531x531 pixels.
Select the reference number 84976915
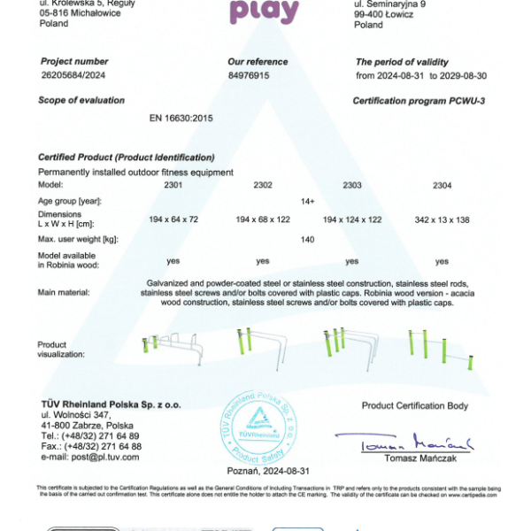click(x=248, y=76)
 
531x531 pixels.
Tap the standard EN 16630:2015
click(x=182, y=118)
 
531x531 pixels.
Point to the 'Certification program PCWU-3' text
click(x=419, y=101)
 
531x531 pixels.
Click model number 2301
click(x=173, y=185)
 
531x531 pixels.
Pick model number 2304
click(x=442, y=185)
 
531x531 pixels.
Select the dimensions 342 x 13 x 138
click(x=442, y=218)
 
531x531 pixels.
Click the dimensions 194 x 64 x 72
click(x=173, y=218)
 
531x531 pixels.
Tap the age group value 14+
click(x=308, y=202)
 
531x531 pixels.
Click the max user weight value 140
click(x=308, y=240)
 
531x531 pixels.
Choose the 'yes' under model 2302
click(x=263, y=261)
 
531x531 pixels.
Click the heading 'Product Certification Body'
click(x=415, y=405)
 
